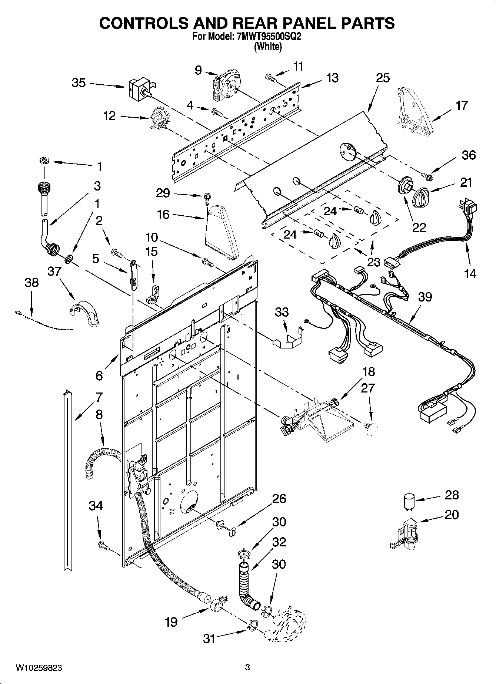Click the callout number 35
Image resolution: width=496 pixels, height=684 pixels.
(79, 83)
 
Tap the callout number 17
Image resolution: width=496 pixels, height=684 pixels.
(462, 105)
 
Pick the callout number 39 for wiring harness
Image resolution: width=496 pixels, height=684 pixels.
(425, 297)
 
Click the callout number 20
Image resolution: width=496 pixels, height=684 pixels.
(452, 515)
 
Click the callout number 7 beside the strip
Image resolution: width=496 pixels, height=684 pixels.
(99, 397)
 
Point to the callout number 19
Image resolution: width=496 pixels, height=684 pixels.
(171, 622)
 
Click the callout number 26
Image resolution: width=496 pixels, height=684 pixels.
(279, 499)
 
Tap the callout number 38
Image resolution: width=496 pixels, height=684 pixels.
(31, 283)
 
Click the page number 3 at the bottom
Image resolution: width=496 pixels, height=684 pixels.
(247, 668)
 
